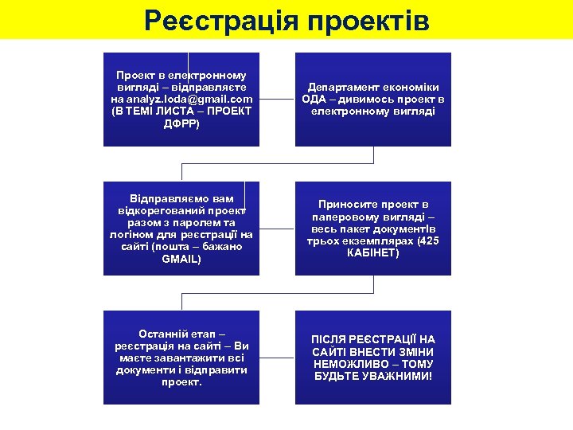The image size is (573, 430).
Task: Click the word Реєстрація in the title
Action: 216,20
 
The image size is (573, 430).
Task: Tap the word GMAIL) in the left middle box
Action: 181,260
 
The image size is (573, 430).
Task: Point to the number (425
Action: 427,240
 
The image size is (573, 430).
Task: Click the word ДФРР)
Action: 181,124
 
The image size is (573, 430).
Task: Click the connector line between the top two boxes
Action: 278,100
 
